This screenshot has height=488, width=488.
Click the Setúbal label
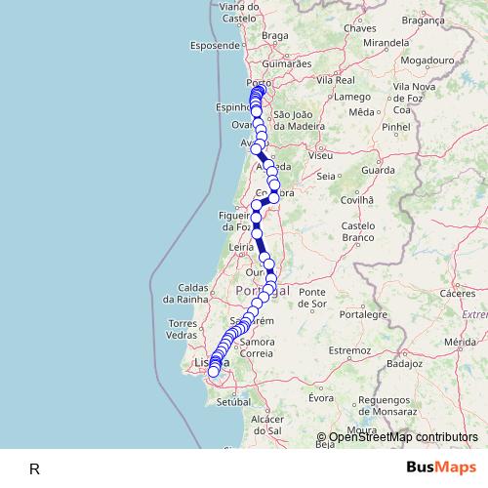tap(235, 401)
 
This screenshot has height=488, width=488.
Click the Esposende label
tap(215, 45)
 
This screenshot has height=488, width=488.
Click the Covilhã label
tap(357, 198)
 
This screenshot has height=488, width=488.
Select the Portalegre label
tap(364, 314)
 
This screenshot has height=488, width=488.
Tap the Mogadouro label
tap(422, 60)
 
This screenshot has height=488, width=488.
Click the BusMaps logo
tap(441, 467)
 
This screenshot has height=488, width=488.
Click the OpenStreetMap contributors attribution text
tap(403, 438)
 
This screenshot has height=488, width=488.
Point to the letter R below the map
tap(35, 468)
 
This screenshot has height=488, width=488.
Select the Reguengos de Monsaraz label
tap(376, 406)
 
